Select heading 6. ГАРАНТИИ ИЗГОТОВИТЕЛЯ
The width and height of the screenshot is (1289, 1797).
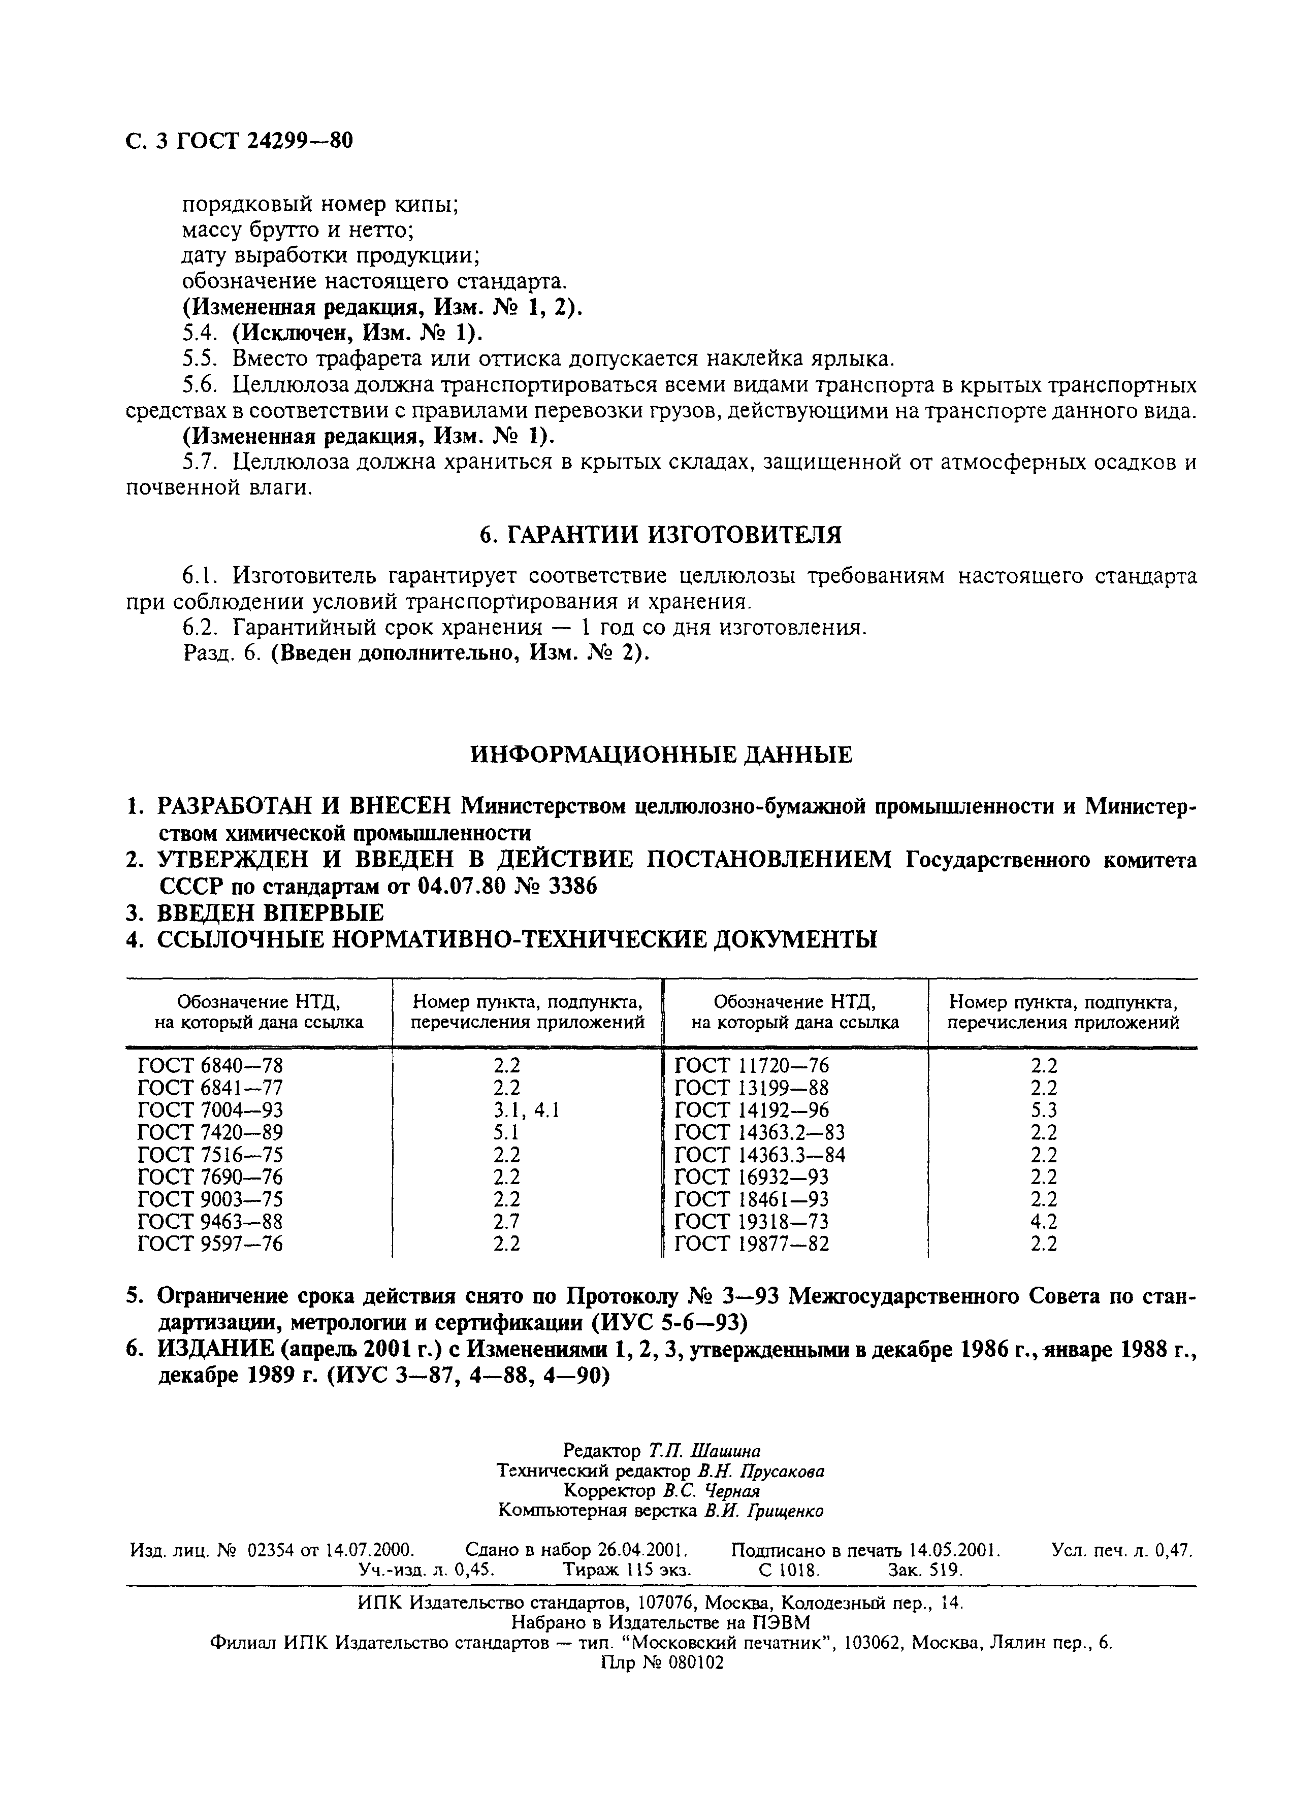661,536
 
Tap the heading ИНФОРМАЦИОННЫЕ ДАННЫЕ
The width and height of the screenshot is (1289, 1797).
661,755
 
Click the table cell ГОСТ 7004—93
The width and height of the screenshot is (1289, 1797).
210,1110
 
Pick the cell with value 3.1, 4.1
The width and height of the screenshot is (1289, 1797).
526,1110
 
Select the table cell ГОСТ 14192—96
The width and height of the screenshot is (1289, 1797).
751,1110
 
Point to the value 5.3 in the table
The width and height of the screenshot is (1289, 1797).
1044,1110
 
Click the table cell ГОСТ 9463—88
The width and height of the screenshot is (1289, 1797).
210,1221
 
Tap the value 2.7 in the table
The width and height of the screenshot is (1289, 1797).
506,1221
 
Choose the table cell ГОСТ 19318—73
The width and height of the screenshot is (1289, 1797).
751,1221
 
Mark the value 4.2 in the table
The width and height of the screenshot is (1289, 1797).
1044,1221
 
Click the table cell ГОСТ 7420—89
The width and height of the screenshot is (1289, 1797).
210,1132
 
